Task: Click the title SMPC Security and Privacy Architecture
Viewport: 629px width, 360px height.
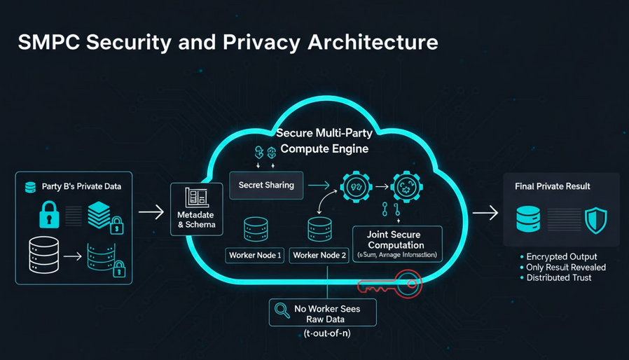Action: coord(227,42)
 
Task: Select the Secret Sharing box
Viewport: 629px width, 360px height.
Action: coord(266,186)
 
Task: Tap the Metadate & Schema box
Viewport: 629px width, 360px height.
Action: coord(196,209)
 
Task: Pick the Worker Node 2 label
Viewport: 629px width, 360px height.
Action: coord(320,256)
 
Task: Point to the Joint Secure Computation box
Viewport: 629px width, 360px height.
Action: coord(396,244)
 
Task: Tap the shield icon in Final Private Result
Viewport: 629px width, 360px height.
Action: coord(595,219)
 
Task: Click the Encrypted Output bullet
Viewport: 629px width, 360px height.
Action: coord(561,257)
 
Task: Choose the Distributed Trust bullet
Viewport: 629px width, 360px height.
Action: coord(558,278)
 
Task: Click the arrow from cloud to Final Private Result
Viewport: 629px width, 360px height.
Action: coord(485,212)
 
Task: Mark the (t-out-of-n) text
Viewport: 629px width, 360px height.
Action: coord(322,334)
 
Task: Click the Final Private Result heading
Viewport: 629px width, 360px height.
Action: coord(552,186)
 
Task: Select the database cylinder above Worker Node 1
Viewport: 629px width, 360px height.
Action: coord(254,229)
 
